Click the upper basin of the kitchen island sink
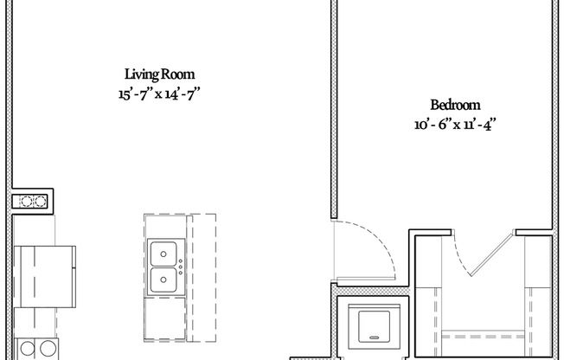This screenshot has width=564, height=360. coord(162,254)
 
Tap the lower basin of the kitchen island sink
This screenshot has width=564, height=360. coord(162,280)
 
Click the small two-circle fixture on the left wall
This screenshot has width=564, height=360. coord(33,202)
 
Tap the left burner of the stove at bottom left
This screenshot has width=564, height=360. coord(25,350)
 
